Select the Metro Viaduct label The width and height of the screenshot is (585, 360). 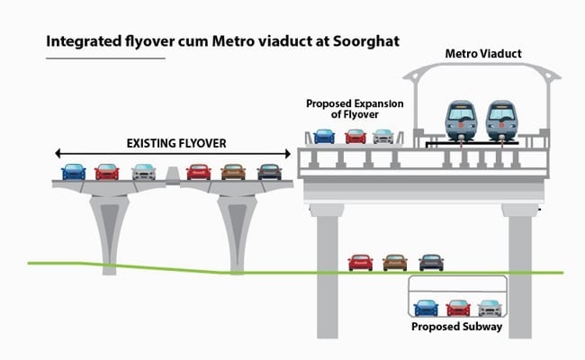[483, 55]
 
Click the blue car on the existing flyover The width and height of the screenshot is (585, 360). [74, 171]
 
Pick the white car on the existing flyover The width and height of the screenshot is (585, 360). [143, 171]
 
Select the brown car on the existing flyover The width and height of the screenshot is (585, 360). [233, 171]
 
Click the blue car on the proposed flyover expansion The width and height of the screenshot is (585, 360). [324, 137]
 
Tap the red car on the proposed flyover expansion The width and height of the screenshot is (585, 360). [355, 137]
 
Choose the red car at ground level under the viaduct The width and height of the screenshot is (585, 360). [360, 262]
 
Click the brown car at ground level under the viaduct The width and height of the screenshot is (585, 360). [395, 262]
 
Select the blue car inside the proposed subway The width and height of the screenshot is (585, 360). [425, 307]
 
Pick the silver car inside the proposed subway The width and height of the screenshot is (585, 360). [488, 307]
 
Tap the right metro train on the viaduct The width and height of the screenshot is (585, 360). [503, 121]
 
